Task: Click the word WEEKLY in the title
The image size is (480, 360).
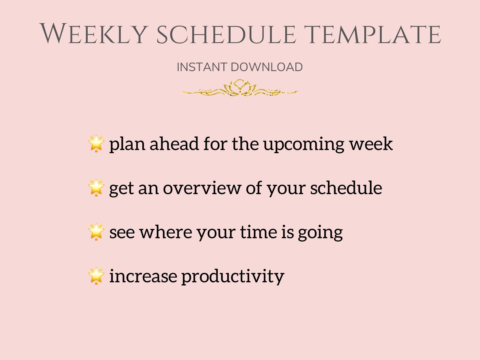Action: click(94, 34)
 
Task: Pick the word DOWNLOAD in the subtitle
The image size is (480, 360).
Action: click(267, 67)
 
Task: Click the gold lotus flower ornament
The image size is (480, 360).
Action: click(240, 88)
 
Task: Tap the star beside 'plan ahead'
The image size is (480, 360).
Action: click(96, 144)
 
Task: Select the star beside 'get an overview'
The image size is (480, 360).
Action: click(96, 188)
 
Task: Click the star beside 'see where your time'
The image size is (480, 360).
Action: click(96, 232)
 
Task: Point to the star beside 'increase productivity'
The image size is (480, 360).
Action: click(96, 276)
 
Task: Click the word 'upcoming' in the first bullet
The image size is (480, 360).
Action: click(303, 144)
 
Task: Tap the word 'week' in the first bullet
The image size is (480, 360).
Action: click(371, 144)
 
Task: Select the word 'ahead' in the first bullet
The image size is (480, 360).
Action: click(174, 144)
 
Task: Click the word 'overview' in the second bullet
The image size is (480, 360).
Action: click(202, 188)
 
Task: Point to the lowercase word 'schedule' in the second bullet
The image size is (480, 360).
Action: click(346, 188)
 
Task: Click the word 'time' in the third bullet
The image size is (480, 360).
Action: click(259, 232)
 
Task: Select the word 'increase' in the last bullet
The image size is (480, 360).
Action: click(143, 276)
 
